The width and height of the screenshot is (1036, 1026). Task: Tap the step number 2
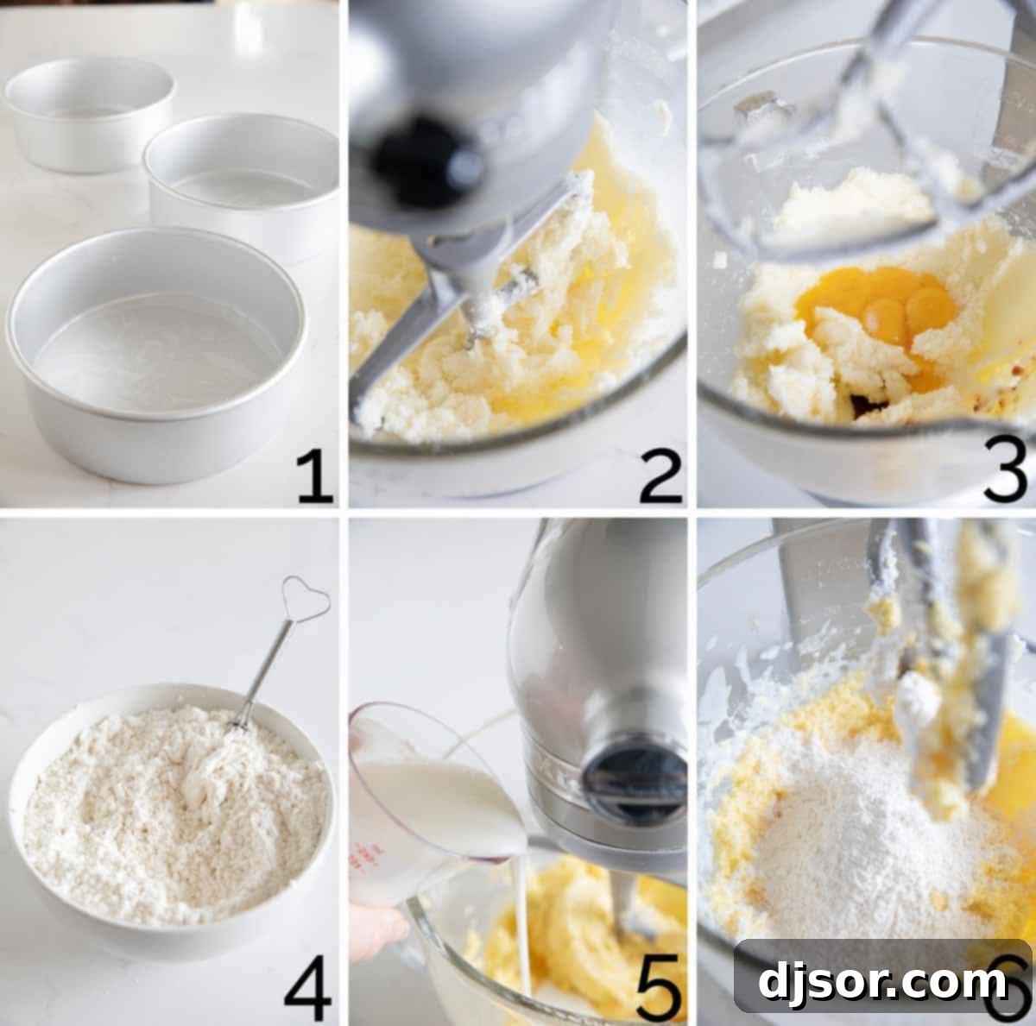click(660, 476)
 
